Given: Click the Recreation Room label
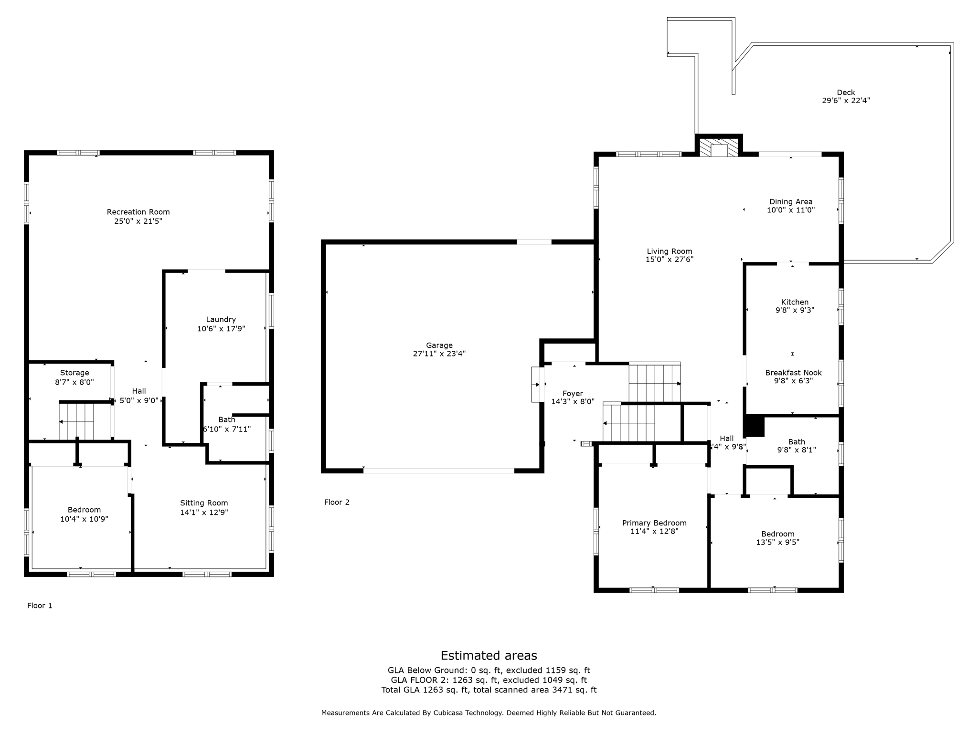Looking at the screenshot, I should [138, 212].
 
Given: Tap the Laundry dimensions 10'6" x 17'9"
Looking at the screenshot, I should [221, 329].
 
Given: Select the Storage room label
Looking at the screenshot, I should [74, 373].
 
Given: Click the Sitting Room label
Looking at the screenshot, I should [204, 503].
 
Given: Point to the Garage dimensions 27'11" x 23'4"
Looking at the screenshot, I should [439, 354].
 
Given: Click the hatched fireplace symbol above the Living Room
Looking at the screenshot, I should [718, 148].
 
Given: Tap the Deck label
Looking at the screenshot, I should [846, 93].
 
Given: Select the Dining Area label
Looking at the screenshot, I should [791, 201].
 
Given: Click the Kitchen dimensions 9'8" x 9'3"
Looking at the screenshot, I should [795, 310].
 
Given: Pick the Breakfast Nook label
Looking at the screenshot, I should [793, 373].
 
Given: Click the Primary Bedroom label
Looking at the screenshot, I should [654, 523].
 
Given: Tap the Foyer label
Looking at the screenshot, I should [573, 393].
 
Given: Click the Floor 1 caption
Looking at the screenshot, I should [40, 606].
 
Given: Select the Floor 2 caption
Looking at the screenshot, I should [337, 502].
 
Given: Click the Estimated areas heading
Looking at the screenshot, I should [489, 655].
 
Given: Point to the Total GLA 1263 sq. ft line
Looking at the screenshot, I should [489, 690].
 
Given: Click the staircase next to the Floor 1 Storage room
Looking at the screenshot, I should [79, 422].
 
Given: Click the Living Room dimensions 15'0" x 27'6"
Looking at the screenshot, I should [669, 260].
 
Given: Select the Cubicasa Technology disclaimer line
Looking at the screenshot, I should [489, 713].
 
